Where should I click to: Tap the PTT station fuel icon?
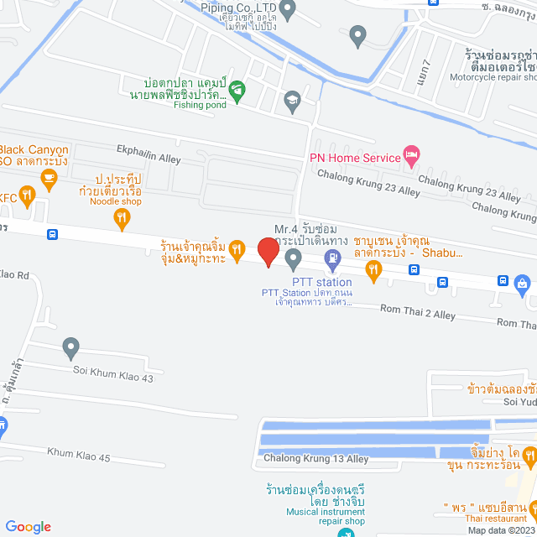pos(333,264)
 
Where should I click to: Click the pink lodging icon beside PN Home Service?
pos(410,154)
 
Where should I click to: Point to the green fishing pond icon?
pos(237,89)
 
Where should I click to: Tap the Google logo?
pos(28,526)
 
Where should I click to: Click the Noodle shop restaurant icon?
pos(123,218)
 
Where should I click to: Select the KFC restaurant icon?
pos(27,197)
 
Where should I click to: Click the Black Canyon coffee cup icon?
pos(49,177)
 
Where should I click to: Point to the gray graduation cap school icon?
pos(292,100)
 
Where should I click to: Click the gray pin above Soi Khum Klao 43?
pos(71,346)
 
